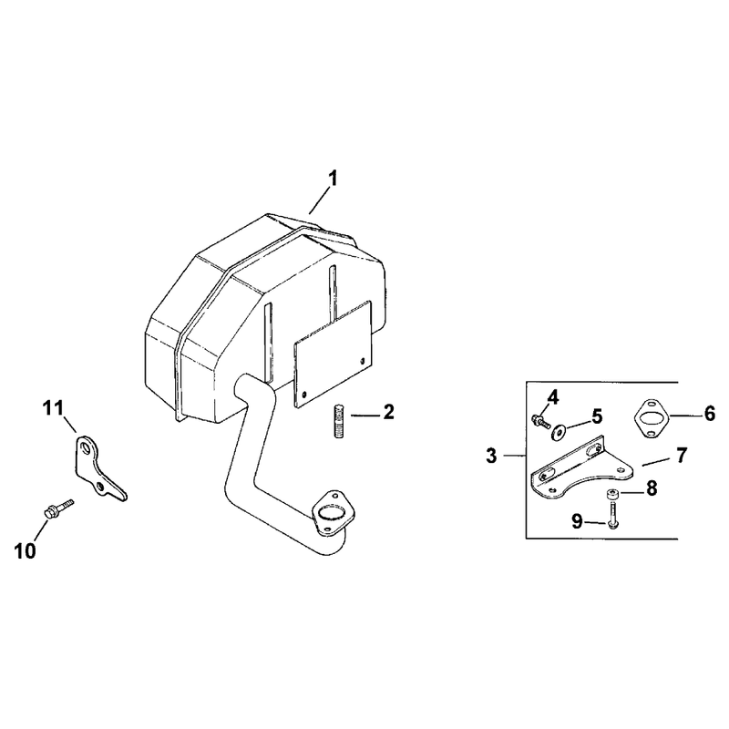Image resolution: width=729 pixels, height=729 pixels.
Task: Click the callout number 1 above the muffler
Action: tap(333, 179)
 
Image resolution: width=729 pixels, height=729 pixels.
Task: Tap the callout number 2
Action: tap(388, 412)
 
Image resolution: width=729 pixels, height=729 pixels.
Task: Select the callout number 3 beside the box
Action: tap(491, 456)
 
